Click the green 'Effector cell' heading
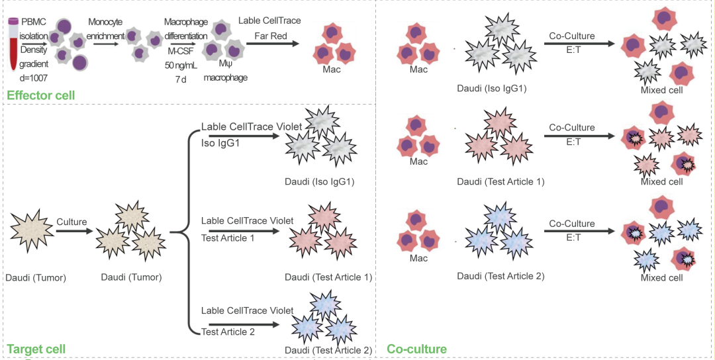40,95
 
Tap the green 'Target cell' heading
36,349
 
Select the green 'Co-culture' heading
416,349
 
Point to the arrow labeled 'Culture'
71,232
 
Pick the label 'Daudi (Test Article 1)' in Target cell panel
328,277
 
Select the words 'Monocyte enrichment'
107,28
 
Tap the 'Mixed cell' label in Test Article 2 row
661,278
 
